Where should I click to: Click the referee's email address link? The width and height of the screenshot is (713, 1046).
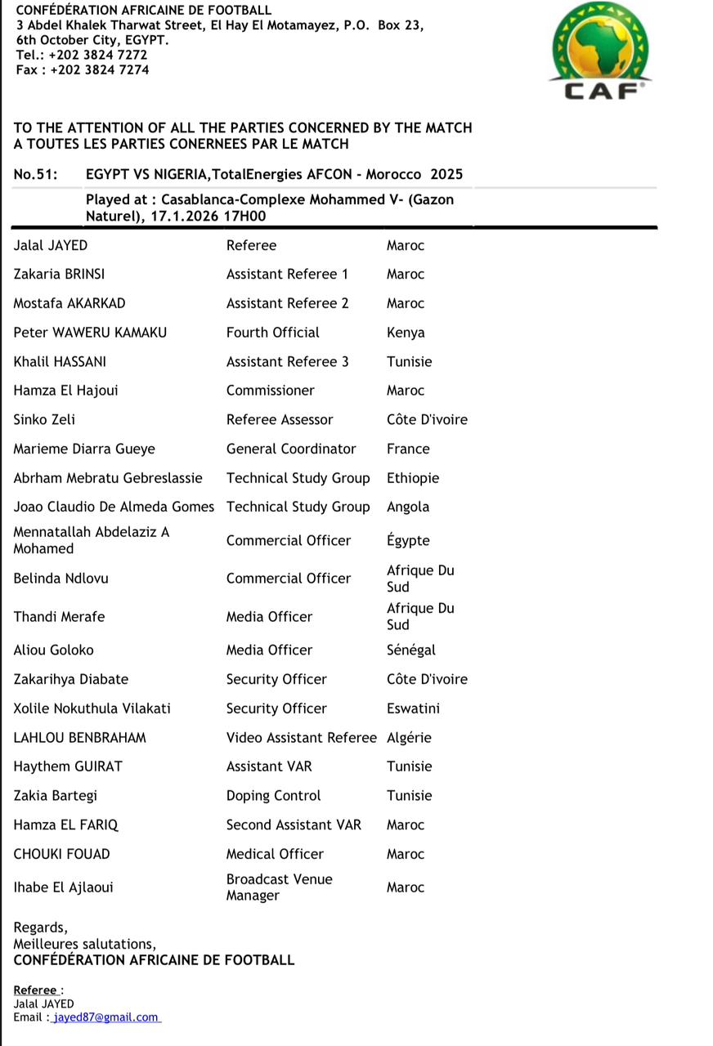point(105,1017)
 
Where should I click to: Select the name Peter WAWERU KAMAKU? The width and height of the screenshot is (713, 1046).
point(90,333)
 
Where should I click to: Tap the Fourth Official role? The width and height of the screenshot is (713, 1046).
point(273,333)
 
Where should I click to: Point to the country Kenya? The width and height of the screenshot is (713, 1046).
point(406,333)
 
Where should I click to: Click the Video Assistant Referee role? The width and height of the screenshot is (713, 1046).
point(302,737)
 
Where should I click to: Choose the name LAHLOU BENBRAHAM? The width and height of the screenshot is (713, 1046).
point(80,737)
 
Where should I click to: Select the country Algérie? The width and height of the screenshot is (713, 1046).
point(408,737)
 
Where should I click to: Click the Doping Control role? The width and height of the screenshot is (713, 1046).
point(274,795)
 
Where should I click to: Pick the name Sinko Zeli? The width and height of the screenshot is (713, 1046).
point(44,419)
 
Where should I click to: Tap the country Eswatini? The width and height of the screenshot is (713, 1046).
point(413,709)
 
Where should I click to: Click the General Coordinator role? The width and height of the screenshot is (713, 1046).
point(291,449)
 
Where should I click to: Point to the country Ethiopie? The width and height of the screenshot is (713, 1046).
point(413,478)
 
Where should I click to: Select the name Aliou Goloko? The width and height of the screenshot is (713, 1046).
point(54,650)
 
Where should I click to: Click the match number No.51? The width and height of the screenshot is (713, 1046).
point(36,174)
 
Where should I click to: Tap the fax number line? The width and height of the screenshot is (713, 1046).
point(83,70)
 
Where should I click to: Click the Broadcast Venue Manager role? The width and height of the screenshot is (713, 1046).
point(280,887)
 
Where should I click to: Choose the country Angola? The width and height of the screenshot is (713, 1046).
point(408,507)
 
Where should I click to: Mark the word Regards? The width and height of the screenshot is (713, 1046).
point(39,928)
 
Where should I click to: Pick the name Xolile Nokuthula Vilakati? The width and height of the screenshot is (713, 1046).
point(92,709)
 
